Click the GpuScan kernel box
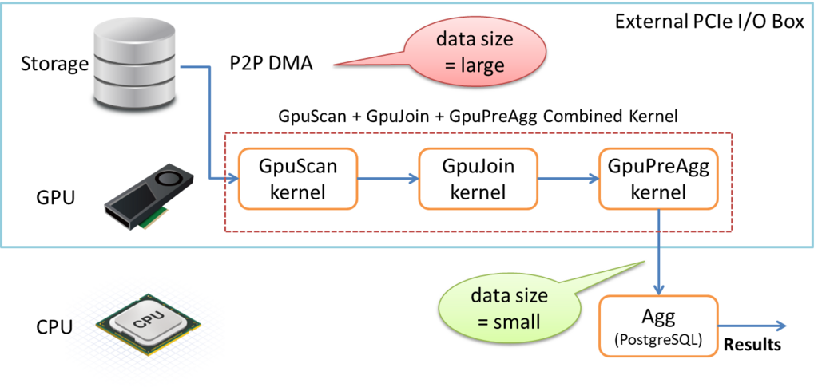298,178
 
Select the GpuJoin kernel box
478,178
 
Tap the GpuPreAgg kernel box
658,178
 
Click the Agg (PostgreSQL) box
659,326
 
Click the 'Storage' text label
54,64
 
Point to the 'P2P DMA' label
272,64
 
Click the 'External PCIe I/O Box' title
709,22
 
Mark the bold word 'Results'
751,346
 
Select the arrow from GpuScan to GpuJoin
388,178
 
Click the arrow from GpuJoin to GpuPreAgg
568,178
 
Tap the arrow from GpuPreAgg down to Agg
659,252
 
